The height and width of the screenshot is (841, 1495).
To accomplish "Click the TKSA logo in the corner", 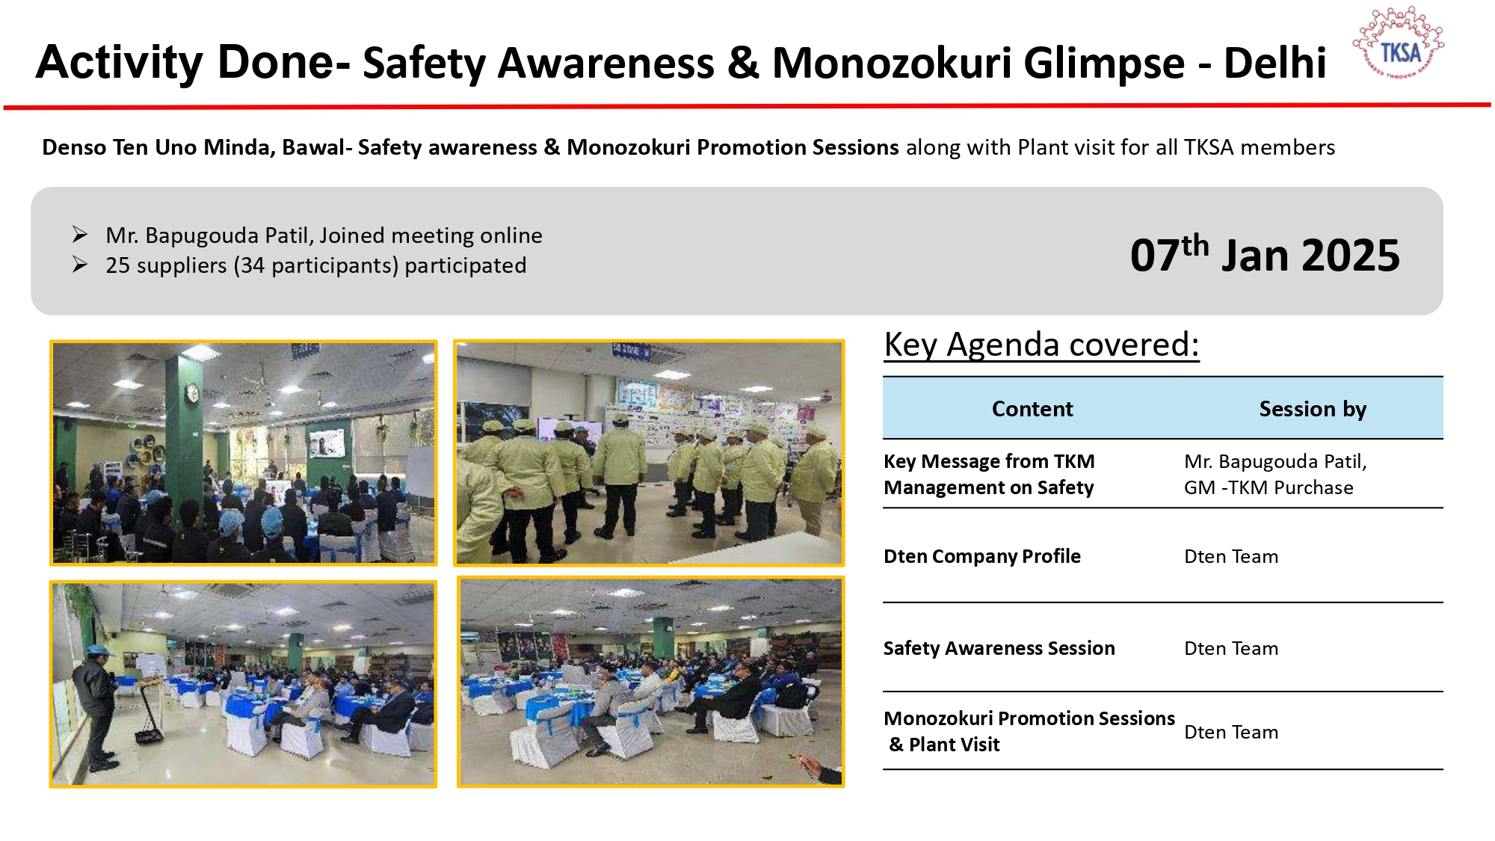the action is [1398, 43].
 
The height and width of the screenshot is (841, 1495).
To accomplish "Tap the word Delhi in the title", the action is [1274, 63].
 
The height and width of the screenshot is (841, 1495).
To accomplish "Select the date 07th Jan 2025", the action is [1265, 254].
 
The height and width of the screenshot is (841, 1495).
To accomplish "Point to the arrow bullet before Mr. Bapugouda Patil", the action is [80, 235].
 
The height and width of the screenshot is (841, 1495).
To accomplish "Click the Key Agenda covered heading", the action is [1041, 345].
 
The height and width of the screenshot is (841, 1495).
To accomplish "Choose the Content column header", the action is [1032, 409].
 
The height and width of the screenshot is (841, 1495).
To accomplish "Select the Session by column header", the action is [1313, 409].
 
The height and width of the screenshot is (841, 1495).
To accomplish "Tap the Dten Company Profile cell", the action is [982, 556].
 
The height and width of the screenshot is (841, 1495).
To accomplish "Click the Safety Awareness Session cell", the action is [999, 648].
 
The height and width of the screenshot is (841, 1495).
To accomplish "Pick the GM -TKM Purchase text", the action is [1269, 487].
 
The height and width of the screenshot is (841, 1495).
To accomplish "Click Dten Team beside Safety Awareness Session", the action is [1231, 648].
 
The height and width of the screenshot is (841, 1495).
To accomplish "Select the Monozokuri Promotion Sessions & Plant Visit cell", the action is [1029, 731].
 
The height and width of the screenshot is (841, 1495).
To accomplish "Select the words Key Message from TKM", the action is [989, 461].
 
